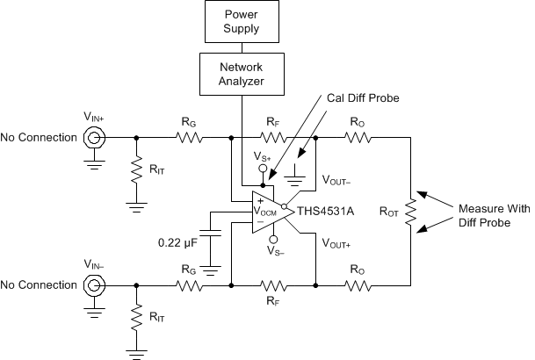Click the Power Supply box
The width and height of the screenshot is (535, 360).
(x=241, y=22)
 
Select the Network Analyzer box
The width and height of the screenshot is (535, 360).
(x=241, y=75)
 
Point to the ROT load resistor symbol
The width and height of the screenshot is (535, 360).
(x=410, y=212)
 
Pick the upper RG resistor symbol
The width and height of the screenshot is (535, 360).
(x=188, y=138)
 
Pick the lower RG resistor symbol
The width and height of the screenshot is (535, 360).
(x=188, y=285)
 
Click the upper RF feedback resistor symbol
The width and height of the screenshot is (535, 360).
(x=273, y=138)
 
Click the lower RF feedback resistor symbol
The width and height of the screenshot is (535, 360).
(x=273, y=285)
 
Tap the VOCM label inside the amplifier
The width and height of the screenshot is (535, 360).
(x=265, y=212)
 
